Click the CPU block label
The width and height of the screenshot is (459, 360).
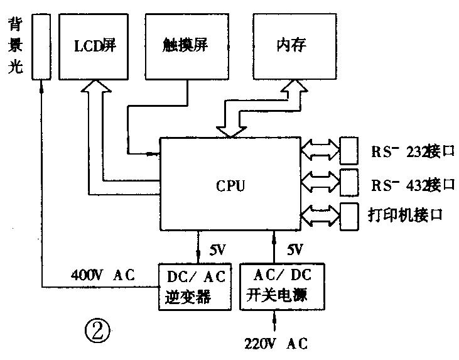[230, 186]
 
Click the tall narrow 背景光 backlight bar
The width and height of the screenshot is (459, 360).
[41, 48]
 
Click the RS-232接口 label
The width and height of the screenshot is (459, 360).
[411, 152]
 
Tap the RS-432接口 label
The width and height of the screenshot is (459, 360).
[411, 184]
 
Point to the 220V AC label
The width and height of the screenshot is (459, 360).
[276, 344]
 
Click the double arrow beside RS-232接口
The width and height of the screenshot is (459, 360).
[320, 150]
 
